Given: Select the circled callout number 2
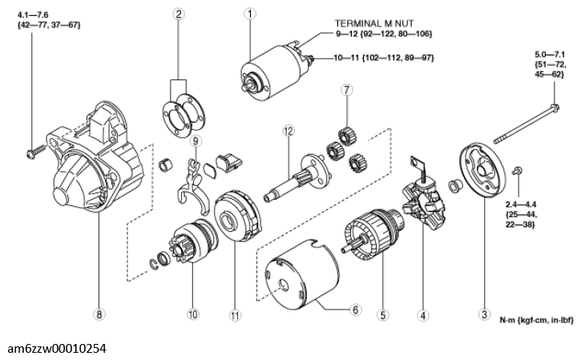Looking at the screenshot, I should click(x=179, y=14).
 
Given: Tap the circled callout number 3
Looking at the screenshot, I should click(x=484, y=315).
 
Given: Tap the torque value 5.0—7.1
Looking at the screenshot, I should click(x=551, y=55).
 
